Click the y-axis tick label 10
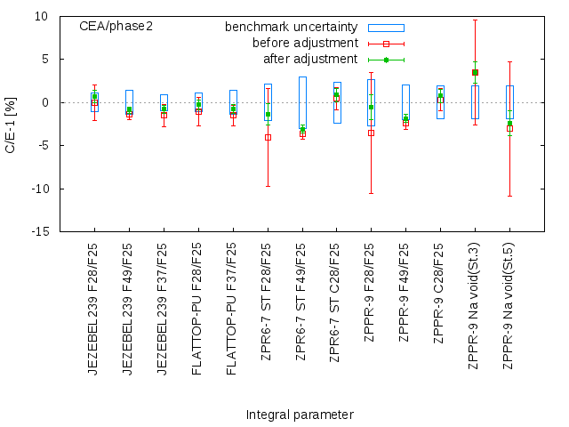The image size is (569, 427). (42, 16)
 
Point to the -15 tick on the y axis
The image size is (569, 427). (40, 231)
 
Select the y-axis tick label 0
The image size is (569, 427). (44, 102)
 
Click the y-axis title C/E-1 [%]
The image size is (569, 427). (11, 124)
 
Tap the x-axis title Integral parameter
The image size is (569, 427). (300, 415)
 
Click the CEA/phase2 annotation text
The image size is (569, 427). (116, 27)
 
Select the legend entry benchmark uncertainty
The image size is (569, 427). (292, 28)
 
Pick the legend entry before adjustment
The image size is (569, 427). (305, 44)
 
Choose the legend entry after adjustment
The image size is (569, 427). (310, 60)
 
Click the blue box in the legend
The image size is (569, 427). (386, 28)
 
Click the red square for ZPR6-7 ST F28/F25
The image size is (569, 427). (268, 137)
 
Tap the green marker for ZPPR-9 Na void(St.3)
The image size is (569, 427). (475, 72)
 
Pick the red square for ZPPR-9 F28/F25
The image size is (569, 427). (371, 133)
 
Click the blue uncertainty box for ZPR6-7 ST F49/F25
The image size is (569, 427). (302, 102)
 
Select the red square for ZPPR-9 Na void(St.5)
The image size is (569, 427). (509, 128)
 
